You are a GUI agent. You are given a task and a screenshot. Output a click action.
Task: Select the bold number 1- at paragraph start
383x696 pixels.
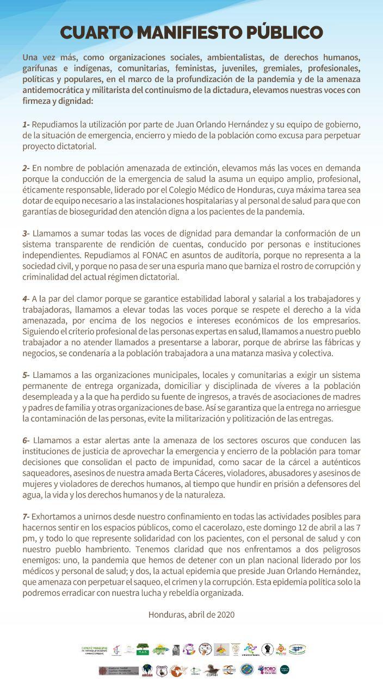(x=26, y=126)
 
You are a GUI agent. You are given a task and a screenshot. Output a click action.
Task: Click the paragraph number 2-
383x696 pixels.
(x=26, y=169)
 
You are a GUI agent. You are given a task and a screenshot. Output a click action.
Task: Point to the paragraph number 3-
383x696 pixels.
(x=26, y=233)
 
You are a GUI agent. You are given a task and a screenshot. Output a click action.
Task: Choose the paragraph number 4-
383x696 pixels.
(x=26, y=299)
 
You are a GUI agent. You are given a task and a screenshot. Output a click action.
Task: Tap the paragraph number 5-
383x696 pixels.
(x=26, y=375)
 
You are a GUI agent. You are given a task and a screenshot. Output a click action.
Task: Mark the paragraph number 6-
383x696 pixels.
(x=26, y=440)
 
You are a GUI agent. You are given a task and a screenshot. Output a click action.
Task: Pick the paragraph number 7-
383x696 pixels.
(x=26, y=516)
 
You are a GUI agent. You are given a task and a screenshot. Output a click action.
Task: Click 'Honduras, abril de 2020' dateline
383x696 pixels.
(x=191, y=614)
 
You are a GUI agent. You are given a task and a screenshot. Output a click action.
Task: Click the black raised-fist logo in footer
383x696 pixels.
(x=267, y=649)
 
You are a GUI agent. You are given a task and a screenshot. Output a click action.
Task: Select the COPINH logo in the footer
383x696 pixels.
(x=212, y=670)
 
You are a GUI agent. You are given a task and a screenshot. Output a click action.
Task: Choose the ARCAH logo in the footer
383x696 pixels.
(x=147, y=670)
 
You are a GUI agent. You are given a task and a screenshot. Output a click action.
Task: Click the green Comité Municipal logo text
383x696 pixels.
(x=94, y=649)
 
